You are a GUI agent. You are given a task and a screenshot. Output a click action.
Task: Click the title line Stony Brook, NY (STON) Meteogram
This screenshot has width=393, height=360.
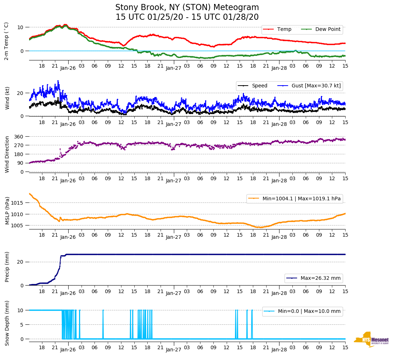pos(187,8)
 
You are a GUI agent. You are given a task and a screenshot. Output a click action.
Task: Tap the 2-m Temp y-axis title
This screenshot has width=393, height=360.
pos(6,41)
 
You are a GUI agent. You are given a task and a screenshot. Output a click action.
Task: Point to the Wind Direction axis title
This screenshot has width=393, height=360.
pos(7,154)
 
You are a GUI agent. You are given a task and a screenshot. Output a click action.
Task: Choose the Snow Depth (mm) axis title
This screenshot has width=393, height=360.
pos(7,323)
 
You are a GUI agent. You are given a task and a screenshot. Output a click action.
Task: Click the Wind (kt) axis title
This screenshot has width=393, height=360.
pos(7,98)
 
